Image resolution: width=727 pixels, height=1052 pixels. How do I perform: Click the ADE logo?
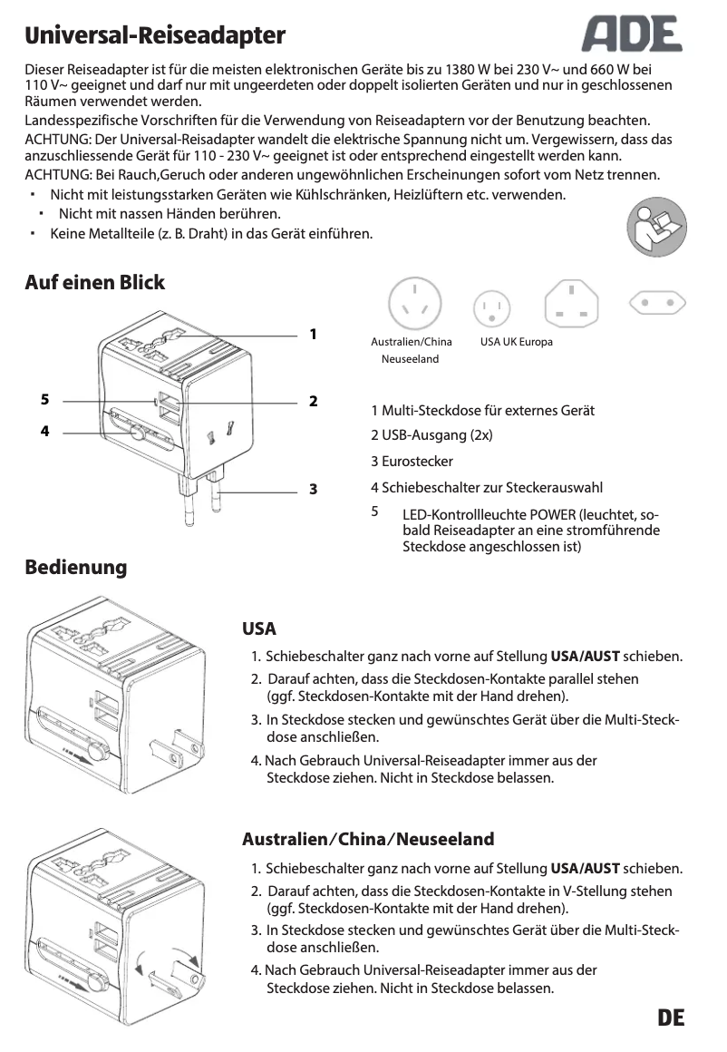click(632, 36)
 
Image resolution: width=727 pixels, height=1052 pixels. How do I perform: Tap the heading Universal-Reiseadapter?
click(155, 36)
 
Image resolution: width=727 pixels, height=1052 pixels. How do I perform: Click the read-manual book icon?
click(656, 229)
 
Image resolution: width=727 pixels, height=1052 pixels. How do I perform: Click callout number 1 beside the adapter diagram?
click(313, 334)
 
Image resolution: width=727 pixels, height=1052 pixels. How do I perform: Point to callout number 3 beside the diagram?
click(313, 489)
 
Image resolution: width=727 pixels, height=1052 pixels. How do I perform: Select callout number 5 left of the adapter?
click(44, 399)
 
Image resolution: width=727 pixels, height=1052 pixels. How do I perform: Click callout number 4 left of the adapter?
click(44, 432)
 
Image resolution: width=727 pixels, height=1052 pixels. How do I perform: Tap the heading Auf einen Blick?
click(95, 283)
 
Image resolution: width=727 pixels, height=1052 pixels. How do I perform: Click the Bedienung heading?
click(76, 568)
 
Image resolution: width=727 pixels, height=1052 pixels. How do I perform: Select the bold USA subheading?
click(259, 629)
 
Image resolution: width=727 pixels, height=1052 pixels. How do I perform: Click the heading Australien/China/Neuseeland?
click(368, 838)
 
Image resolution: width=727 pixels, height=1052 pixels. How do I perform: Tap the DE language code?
click(671, 1017)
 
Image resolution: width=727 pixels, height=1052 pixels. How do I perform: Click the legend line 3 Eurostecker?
click(412, 462)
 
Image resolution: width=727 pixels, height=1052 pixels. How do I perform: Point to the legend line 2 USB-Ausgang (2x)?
click(431, 435)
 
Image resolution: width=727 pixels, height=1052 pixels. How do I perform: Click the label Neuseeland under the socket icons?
click(410, 359)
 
